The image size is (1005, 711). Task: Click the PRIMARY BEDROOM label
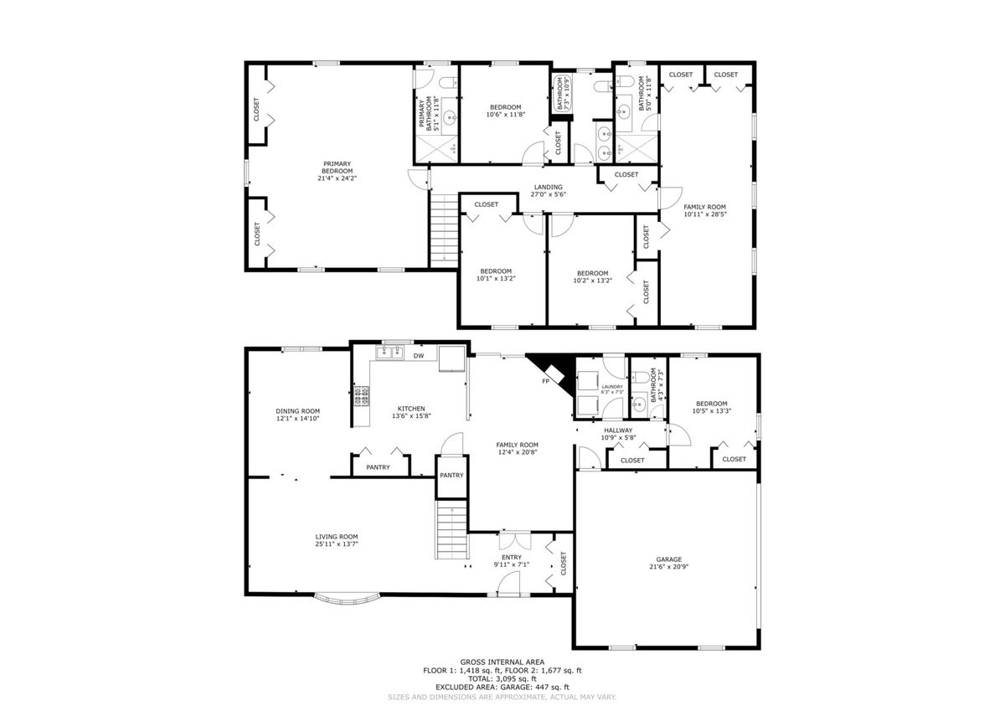click(337, 167)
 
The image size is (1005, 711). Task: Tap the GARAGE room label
click(669, 559)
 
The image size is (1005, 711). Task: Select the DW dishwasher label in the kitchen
click(419, 356)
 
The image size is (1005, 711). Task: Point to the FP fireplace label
click(545, 381)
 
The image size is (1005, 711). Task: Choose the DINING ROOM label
click(297, 411)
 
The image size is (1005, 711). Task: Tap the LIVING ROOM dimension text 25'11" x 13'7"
click(337, 544)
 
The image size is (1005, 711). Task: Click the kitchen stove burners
click(362, 396)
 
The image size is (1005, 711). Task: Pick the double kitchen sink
click(390, 353)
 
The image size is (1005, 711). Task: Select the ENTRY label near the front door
click(512, 557)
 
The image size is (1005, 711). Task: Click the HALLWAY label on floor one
click(618, 430)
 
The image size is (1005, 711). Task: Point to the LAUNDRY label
click(612, 387)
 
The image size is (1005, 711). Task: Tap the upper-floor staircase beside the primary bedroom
click(444, 231)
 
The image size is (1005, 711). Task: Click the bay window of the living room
click(348, 600)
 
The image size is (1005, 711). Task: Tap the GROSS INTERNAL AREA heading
click(502, 662)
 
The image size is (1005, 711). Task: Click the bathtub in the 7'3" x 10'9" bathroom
click(560, 93)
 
